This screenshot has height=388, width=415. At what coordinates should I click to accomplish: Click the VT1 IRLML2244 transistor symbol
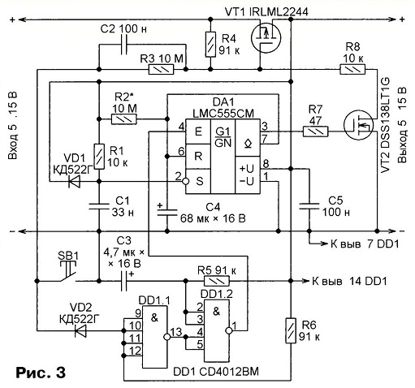click(266, 37)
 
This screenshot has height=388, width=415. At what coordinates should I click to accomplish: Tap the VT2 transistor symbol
click(358, 125)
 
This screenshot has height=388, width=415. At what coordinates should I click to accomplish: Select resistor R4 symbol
click(210, 44)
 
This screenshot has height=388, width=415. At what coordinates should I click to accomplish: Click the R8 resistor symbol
click(352, 69)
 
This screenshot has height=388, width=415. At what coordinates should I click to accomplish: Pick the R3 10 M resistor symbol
click(161, 70)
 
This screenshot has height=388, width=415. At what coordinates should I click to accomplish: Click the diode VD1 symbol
click(75, 181)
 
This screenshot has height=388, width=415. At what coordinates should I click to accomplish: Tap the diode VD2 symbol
click(80, 330)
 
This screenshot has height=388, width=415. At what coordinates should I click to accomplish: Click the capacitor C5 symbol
click(309, 206)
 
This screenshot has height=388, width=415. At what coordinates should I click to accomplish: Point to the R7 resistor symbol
click(315, 131)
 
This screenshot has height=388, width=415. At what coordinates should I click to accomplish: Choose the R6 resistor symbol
click(291, 330)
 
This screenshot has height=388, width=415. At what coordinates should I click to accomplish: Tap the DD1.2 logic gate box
click(217, 330)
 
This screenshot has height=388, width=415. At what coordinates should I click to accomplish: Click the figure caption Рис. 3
click(41, 373)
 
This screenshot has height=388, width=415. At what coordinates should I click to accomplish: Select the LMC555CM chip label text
click(223, 114)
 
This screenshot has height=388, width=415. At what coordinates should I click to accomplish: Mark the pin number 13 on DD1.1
click(176, 331)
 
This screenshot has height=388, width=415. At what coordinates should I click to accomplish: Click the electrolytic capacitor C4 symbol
click(167, 211)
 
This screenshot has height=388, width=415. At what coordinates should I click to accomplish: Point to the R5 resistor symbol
click(216, 281)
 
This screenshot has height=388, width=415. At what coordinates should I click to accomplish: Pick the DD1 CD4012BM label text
click(216, 372)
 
